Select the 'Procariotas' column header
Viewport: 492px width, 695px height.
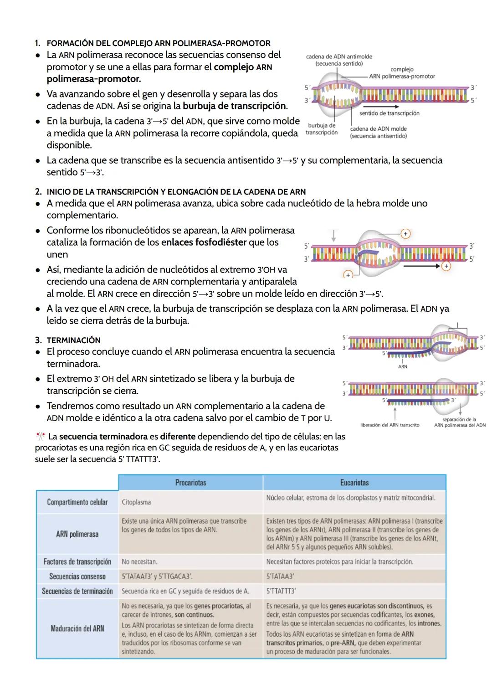tap(190, 482)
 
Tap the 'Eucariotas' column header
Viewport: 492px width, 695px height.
tap(354, 482)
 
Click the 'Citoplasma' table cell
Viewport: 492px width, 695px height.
tap(136, 502)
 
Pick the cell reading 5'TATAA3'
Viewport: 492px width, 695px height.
tap(280, 577)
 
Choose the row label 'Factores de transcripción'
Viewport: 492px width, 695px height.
tap(77, 561)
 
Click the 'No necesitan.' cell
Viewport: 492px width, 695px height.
tap(139, 562)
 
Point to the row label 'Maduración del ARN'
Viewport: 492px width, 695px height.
tap(77, 628)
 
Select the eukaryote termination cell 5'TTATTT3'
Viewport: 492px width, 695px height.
tap(281, 591)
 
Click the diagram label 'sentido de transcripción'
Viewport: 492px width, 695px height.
tap(389, 113)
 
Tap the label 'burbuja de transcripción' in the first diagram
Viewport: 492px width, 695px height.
tap(322, 129)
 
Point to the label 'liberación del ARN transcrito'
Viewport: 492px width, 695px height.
tap(389, 425)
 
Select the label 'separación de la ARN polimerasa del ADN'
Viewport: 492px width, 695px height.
tap(459, 422)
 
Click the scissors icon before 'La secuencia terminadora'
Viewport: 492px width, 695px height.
tap(40, 436)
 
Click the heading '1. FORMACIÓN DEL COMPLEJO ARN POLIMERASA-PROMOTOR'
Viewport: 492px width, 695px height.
tap(158, 43)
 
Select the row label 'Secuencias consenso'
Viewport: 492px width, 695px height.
tap(77, 577)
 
